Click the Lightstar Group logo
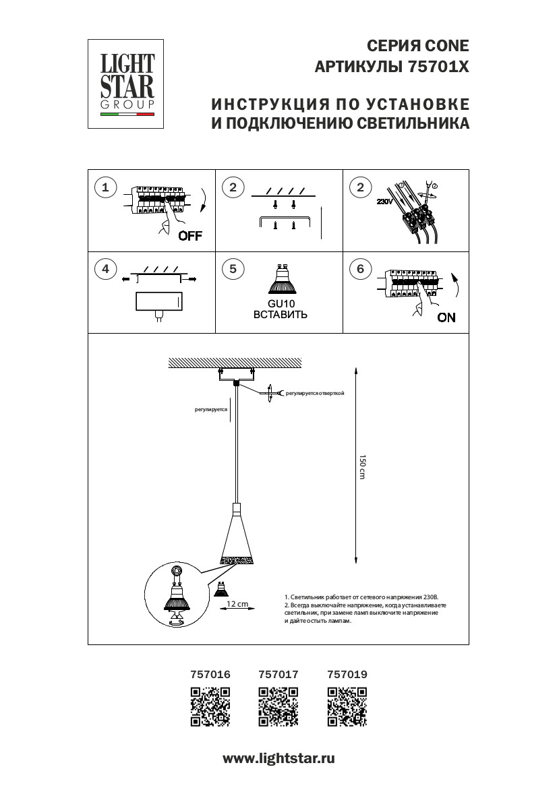tap(127, 83)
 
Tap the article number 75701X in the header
tap(438, 67)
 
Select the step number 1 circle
tap(105, 187)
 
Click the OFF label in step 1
tap(190, 236)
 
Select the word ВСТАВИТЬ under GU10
tap(281, 314)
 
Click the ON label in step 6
tap(446, 317)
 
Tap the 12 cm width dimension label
tap(237, 603)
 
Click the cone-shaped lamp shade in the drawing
tap(237, 539)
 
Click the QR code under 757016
tap(211, 706)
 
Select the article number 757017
tap(278, 673)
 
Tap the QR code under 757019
tap(347, 706)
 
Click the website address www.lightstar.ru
tap(278, 758)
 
